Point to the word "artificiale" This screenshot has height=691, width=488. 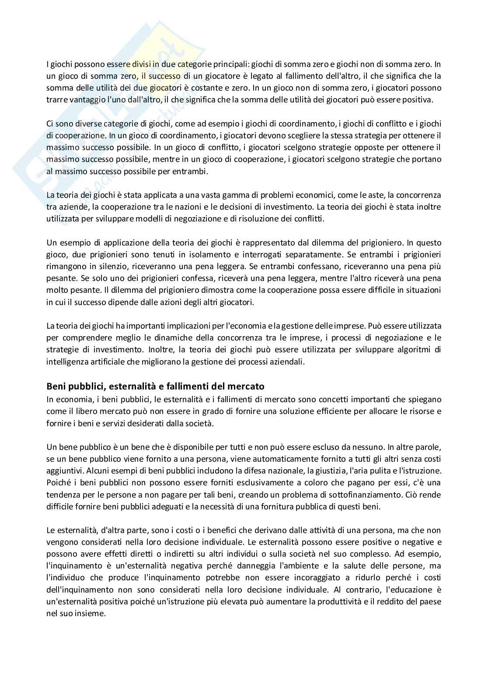pos(104,361)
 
